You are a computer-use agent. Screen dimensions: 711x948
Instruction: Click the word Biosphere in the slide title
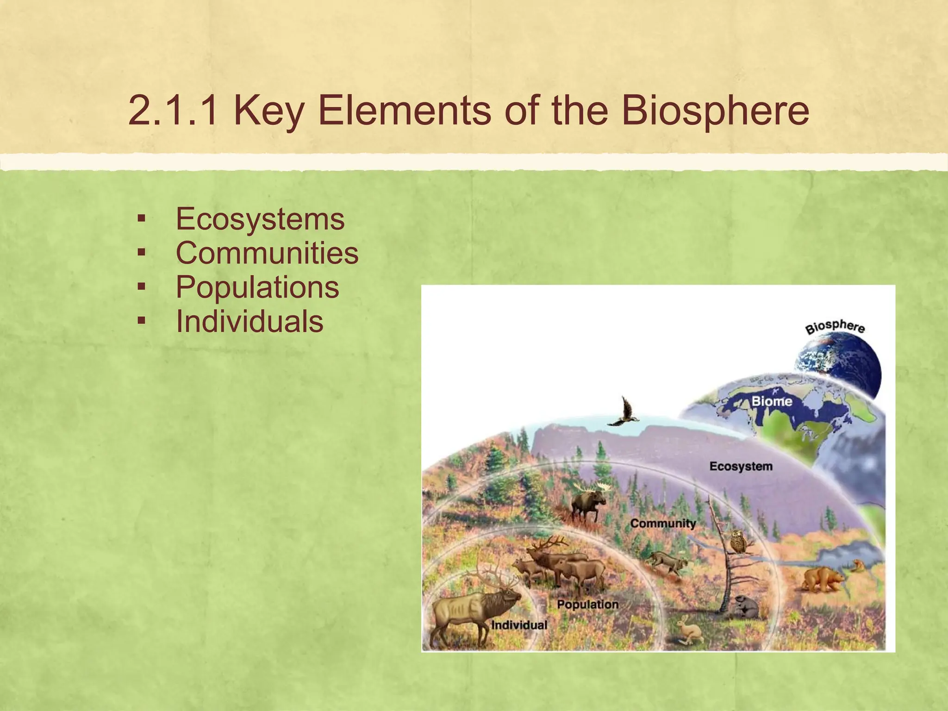715,111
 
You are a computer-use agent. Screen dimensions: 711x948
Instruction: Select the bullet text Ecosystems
260,218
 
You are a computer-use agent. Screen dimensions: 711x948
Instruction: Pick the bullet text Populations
257,287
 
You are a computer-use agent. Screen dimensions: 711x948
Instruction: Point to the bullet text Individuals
249,321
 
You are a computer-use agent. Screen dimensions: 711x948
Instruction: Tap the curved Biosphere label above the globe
835,327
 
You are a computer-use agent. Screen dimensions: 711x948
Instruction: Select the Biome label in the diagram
772,401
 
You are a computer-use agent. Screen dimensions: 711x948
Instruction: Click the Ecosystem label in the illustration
741,466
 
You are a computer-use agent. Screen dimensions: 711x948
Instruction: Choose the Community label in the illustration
663,524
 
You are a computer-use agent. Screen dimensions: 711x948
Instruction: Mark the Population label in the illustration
587,605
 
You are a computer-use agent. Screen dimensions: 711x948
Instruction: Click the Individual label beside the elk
519,625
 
